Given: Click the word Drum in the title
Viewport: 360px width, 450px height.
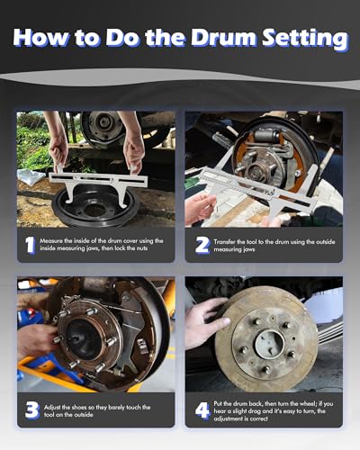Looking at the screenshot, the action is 223,38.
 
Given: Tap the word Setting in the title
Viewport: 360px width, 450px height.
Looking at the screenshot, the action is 305,40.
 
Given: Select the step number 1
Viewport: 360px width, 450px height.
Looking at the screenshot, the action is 30,245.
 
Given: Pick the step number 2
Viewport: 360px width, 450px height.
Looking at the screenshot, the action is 202,245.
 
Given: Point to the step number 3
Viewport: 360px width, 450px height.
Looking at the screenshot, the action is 32,410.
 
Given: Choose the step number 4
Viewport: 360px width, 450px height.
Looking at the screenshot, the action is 202,410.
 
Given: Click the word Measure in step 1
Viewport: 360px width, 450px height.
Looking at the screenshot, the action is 51,241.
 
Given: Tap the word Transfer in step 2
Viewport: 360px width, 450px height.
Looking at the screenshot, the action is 224,242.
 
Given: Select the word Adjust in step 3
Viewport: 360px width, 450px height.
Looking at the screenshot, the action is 52,408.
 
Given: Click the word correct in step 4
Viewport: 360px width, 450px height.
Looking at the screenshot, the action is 257,418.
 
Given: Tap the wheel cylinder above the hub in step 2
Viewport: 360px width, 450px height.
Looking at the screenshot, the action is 266,136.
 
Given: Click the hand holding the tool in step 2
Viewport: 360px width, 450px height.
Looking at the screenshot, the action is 199,208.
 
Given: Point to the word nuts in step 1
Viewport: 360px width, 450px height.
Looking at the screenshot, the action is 140,248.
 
